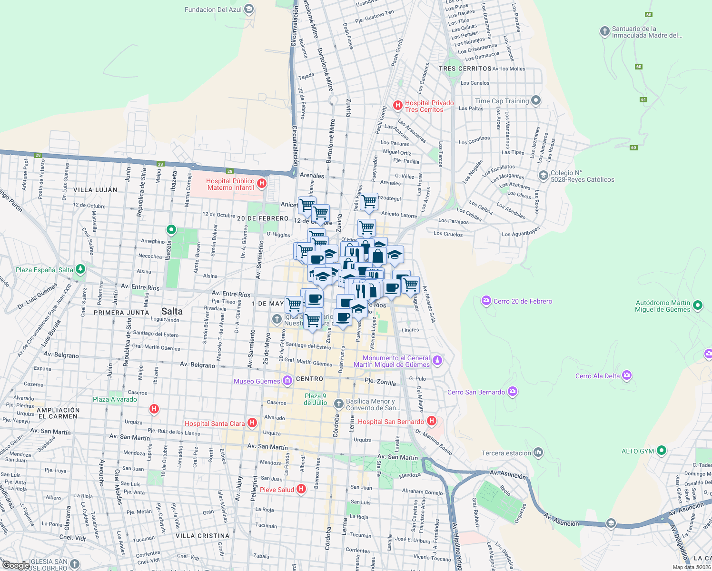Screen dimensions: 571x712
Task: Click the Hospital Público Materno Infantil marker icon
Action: pyautogui.click(x=261, y=184)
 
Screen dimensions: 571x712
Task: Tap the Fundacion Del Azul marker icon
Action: pyautogui.click(x=248, y=9)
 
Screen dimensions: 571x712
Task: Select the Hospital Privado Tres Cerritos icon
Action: pyautogui.click(x=398, y=106)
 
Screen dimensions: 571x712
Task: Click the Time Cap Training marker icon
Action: pyautogui.click(x=536, y=100)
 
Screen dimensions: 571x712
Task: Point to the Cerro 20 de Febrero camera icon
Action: pyautogui.click(x=486, y=301)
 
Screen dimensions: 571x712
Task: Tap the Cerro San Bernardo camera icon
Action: pyautogui.click(x=513, y=392)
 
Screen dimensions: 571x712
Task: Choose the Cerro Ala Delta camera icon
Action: pyautogui.click(x=627, y=375)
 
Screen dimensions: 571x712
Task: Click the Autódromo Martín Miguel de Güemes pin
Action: pyautogui.click(x=698, y=305)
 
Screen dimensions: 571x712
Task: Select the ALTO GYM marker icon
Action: pyautogui.click(x=662, y=450)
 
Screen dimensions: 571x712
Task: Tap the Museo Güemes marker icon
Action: pyautogui.click(x=287, y=381)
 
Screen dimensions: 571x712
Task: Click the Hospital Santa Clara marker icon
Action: pyautogui.click(x=253, y=423)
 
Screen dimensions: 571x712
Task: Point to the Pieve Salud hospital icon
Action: pyautogui.click(x=301, y=489)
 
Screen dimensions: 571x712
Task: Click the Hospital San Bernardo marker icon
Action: pyautogui.click(x=431, y=421)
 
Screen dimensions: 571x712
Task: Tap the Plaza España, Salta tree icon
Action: pyautogui.click(x=80, y=269)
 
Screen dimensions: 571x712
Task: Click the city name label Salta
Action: pyautogui.click(x=172, y=311)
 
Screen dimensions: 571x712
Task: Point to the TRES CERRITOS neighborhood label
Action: pyautogui.click(x=465, y=69)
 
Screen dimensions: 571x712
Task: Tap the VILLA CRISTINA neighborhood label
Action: pyautogui.click(x=202, y=535)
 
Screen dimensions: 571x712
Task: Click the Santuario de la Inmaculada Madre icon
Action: pyautogui.click(x=604, y=32)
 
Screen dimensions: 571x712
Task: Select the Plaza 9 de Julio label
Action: pyautogui.click(x=315, y=399)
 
